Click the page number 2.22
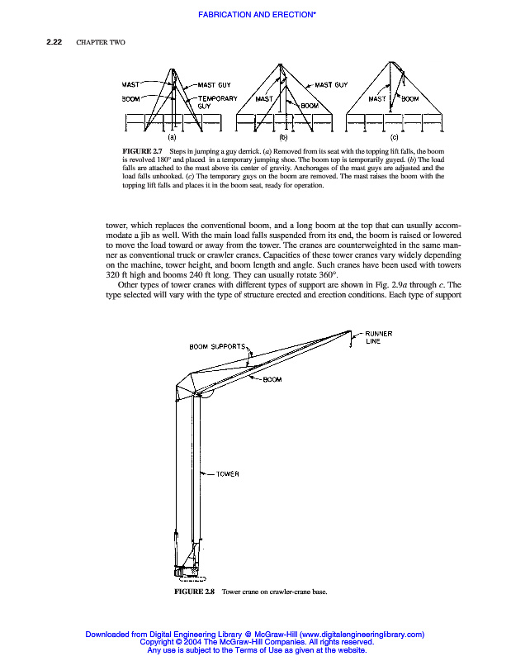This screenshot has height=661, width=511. pyautogui.click(x=55, y=43)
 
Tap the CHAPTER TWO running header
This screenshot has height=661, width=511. pyautogui.click(x=101, y=43)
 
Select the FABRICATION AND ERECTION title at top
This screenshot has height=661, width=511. pyautogui.click(x=254, y=15)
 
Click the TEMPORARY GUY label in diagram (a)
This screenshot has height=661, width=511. pyautogui.click(x=217, y=102)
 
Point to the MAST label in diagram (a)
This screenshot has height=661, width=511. pyautogui.click(x=133, y=84)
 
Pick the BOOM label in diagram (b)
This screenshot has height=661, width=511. pyautogui.click(x=310, y=106)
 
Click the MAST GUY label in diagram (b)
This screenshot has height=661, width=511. pyautogui.click(x=330, y=84)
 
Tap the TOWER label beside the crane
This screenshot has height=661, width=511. pyautogui.click(x=228, y=473)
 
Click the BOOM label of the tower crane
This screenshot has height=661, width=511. pyautogui.click(x=273, y=380)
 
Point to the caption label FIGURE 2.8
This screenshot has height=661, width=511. pyautogui.click(x=194, y=592)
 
